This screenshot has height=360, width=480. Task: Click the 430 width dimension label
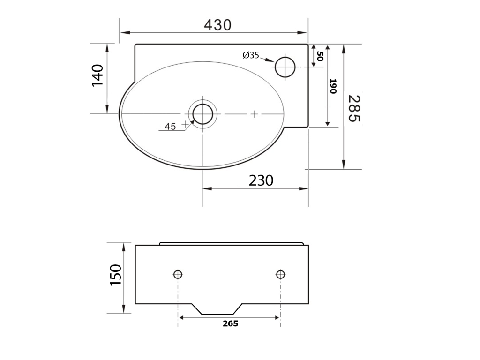tap(217, 25)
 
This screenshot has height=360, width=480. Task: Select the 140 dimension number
tap(98, 75)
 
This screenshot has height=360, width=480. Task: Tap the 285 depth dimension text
tap(354, 108)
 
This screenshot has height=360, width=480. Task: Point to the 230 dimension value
tap(261, 180)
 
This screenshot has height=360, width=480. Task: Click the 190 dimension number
tap(333, 86)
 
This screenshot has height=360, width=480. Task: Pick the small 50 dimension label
tap(320, 56)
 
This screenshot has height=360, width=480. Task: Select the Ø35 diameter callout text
tap(251, 55)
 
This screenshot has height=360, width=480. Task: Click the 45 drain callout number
tap(170, 126)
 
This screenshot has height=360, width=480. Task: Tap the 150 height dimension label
tap(116, 275)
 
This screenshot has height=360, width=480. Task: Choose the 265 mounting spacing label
tap(231, 323)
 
